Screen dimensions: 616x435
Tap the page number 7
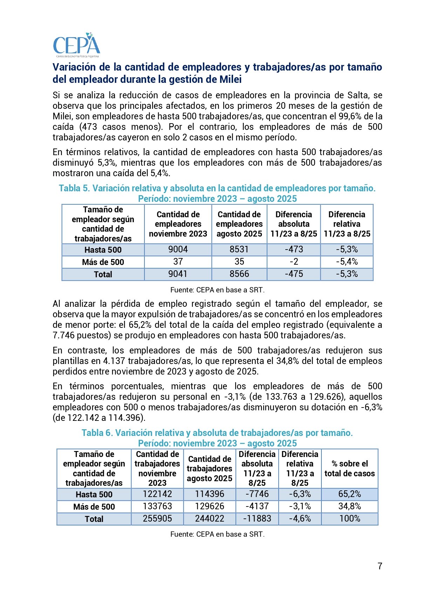tap(380, 566)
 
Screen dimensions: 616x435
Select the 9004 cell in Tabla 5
tap(178, 250)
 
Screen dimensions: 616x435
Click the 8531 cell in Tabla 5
tap(239, 250)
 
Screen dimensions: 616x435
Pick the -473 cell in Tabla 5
tap(294, 250)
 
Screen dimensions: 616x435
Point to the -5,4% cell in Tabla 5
tap(347, 262)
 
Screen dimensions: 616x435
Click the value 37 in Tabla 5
tap(178, 262)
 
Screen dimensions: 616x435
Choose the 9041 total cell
tap(178, 274)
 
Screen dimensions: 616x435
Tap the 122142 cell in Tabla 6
tap(157, 494)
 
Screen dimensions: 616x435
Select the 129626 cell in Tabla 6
tap(209, 506)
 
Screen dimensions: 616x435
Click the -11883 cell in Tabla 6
tap(257, 519)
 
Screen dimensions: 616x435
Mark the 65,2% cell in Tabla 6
tap(349, 494)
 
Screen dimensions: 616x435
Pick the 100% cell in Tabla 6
tap(349, 519)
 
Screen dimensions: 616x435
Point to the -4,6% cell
tap(300, 519)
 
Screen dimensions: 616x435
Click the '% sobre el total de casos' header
tap(349, 469)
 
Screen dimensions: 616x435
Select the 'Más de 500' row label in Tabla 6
tap(94, 507)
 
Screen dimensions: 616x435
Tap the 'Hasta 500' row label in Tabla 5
tap(103, 250)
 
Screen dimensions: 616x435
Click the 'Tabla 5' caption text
tap(217, 188)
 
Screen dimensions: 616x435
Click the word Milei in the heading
tap(230, 79)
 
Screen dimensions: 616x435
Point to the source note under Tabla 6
tap(217, 534)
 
